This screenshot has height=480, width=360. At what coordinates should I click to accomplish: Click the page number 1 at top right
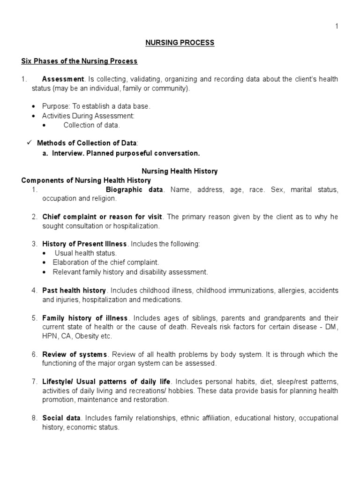(x=336, y=26)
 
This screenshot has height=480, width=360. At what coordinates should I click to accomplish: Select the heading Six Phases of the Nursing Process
(x=80, y=61)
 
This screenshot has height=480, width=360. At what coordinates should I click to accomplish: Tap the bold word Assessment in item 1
(x=63, y=79)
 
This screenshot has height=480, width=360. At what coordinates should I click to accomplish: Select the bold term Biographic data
(x=135, y=190)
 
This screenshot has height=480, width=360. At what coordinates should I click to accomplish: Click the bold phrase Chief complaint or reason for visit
(x=102, y=217)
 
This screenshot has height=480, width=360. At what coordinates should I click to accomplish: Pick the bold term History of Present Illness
(x=84, y=244)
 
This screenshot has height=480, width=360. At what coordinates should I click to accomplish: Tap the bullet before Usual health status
(x=45, y=254)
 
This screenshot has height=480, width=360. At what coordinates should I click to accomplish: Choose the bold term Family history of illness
(x=84, y=318)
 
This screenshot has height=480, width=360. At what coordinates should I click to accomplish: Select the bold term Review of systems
(x=75, y=354)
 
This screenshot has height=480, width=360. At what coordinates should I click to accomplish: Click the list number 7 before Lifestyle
(x=34, y=382)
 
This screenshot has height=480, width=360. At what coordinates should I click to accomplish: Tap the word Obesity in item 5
(x=86, y=336)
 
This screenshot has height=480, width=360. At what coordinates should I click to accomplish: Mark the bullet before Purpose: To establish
(x=34, y=106)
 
